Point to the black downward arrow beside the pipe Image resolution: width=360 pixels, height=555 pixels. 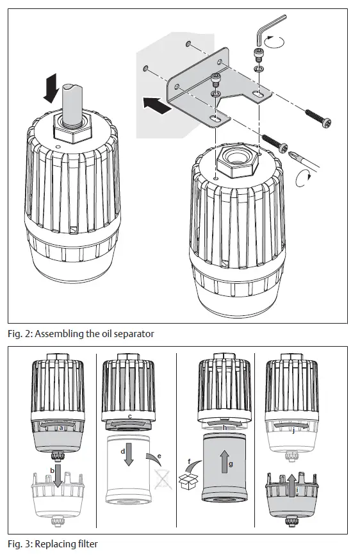[51, 88]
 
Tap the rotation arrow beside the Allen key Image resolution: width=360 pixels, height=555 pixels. [277, 42]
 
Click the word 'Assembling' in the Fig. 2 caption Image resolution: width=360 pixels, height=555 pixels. [67, 334]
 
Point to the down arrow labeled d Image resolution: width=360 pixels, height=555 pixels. [130, 456]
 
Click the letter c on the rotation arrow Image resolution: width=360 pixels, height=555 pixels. [131, 417]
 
